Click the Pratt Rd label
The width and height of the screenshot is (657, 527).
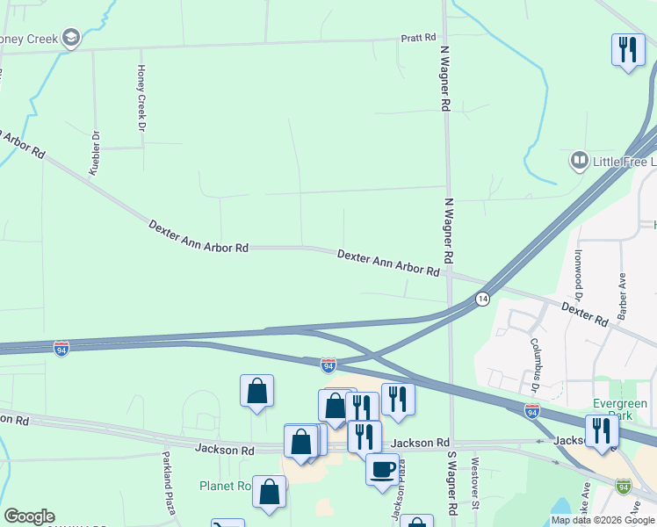(418, 38)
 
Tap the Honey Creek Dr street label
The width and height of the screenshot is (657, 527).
(141, 97)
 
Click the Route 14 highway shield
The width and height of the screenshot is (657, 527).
(482, 300)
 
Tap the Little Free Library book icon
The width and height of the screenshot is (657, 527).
(579, 161)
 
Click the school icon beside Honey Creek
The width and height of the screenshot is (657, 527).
(71, 38)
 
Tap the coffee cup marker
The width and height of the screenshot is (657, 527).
(381, 468)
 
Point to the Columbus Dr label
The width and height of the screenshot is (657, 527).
(534, 364)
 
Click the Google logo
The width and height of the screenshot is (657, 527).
(29, 516)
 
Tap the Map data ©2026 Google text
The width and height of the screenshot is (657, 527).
(602, 520)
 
